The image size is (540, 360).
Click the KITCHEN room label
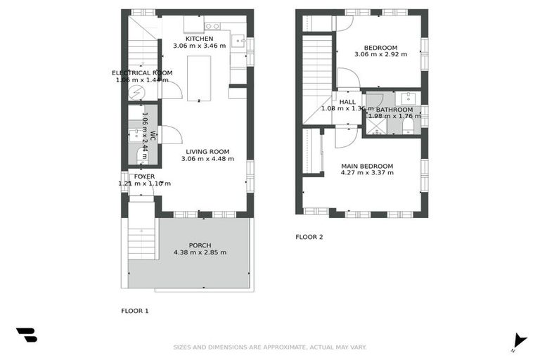200,39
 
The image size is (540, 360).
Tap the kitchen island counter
198,77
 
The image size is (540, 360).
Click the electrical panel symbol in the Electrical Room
138,91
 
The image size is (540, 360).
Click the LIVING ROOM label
207,151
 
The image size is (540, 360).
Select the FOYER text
144,176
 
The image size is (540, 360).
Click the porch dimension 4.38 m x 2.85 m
204,254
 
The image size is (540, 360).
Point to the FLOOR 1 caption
135,310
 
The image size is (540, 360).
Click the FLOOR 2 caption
309,237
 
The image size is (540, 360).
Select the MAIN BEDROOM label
367,167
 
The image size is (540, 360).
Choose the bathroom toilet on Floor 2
409,124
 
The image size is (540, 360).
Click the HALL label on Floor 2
347,102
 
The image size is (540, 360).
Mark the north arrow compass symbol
520,340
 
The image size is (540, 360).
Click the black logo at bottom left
27,335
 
